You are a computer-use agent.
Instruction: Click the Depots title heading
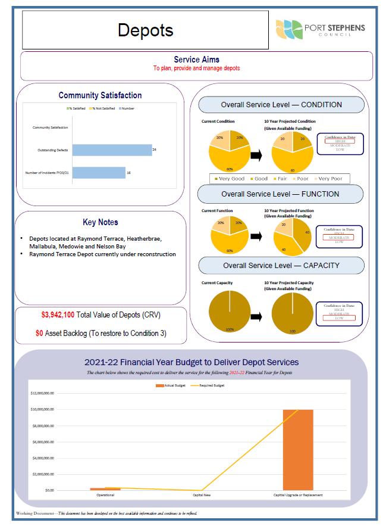145,30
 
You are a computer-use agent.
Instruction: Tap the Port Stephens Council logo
321,29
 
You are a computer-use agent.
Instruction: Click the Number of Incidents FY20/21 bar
99,173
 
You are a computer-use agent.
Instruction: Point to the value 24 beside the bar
154,150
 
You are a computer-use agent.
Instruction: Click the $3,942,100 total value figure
58,314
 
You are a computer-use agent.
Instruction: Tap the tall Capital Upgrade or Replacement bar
297,449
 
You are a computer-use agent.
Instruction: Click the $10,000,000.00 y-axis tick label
42,410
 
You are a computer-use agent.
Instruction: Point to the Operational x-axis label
105,495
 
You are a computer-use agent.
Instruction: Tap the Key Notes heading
100,222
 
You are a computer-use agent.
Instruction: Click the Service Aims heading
196,60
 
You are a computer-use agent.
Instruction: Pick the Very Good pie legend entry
230,179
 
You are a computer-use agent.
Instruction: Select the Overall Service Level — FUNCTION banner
281,194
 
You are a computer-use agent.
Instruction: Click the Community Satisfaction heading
100,95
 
